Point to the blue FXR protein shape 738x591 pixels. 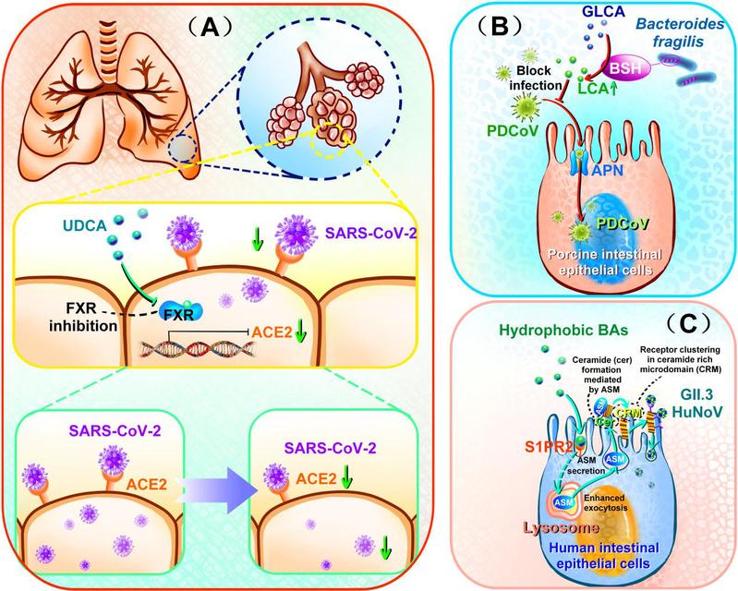[x=184, y=312]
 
